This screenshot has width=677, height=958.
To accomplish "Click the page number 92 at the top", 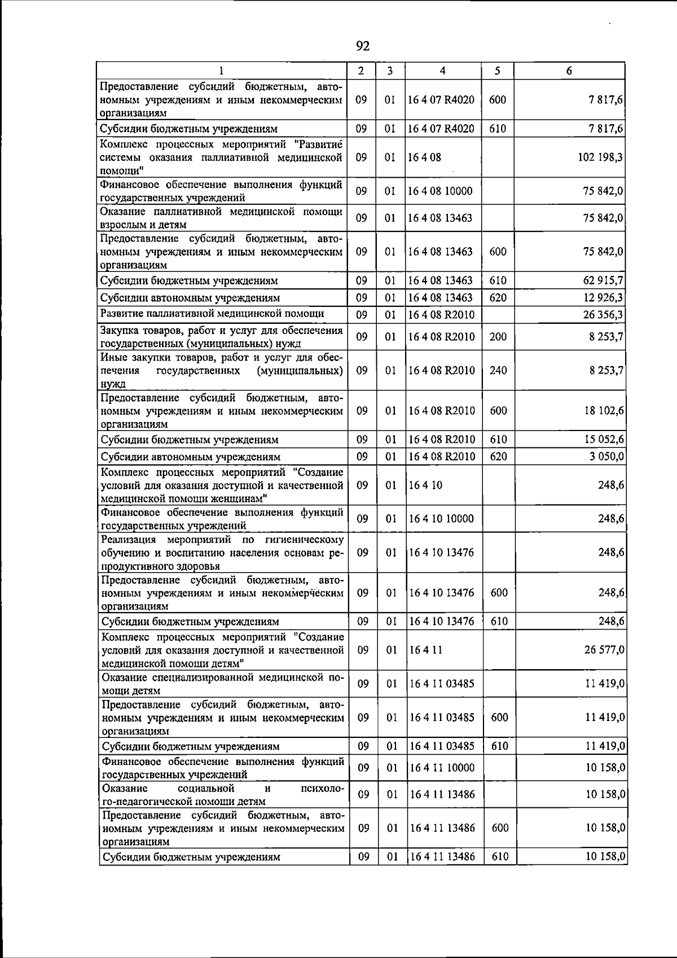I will [x=363, y=46].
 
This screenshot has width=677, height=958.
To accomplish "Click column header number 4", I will [x=442, y=71].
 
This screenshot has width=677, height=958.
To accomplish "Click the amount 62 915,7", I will [x=603, y=280].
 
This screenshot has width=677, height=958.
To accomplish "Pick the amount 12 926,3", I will [x=603, y=297].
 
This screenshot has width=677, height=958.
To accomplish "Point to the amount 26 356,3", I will [x=603, y=314].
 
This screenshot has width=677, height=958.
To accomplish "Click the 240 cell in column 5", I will [x=498, y=371].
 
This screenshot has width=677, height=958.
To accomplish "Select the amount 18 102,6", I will [x=604, y=411].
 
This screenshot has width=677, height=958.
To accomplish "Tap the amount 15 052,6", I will [x=604, y=440].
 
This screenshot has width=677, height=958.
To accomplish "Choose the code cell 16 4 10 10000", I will [x=442, y=518].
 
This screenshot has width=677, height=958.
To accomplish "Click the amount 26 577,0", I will [x=604, y=650].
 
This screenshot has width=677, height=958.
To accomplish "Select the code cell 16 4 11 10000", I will [x=442, y=768].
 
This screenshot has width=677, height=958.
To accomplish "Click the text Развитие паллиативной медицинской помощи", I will [x=212, y=314].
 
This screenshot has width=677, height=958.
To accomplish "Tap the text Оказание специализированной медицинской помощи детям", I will [x=222, y=683].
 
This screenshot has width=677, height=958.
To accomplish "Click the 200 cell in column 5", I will [x=498, y=337].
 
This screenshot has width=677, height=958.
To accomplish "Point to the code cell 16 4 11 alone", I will [x=426, y=650].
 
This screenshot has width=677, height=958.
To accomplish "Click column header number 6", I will [x=569, y=71].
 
